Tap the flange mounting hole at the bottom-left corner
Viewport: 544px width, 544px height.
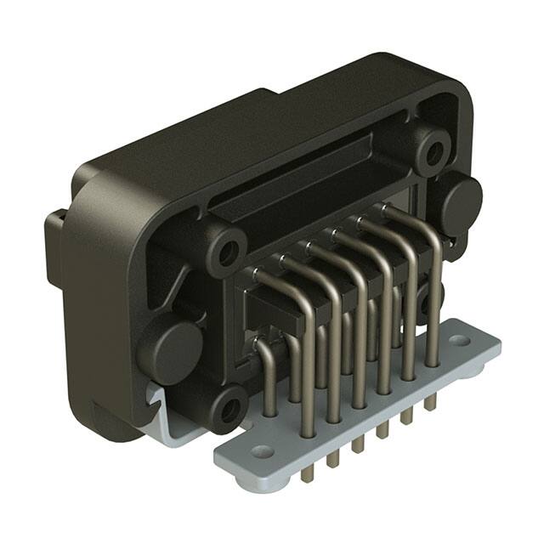(228, 408)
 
